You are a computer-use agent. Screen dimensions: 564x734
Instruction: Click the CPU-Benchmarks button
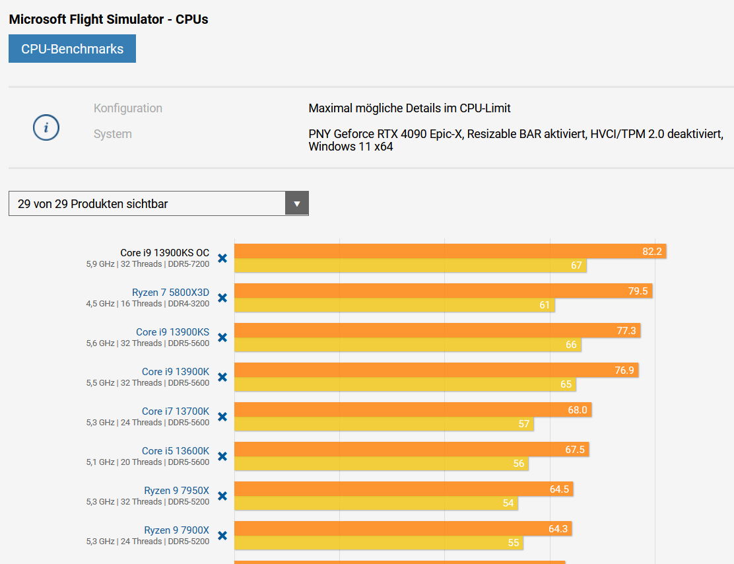[72, 49]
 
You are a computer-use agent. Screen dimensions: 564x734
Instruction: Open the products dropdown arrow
[297, 203]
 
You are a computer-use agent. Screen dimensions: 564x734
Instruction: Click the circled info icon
[46, 127]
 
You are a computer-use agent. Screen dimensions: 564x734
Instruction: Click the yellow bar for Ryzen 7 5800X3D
[394, 305]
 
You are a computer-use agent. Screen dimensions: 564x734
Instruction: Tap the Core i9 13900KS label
[172, 332]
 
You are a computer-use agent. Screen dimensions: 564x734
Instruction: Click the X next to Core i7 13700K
[222, 417]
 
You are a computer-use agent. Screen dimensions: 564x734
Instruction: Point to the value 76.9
[624, 370]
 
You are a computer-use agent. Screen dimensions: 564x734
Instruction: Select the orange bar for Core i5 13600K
[411, 449]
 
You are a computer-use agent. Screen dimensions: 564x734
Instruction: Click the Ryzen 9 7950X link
[176, 490]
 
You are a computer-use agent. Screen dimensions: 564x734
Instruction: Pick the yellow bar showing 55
[380, 543]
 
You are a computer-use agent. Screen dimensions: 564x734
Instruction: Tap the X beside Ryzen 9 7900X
[222, 536]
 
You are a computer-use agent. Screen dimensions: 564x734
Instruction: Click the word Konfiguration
[128, 108]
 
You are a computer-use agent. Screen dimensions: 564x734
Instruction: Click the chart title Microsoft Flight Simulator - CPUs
[108, 19]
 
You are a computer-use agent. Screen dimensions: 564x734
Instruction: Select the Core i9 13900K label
[175, 371]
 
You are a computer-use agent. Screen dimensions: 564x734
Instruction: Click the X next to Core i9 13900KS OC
[222, 258]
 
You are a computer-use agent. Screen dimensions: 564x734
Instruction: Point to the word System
[113, 134]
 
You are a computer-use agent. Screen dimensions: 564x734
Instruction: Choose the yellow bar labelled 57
[384, 424]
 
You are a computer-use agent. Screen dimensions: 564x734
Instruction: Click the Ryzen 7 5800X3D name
[170, 292]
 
